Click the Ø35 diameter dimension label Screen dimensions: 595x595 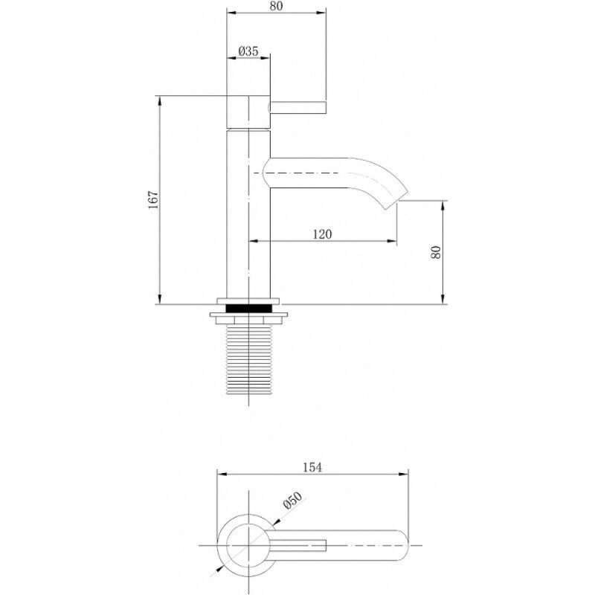coord(248,51)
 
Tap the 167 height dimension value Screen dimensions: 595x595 coord(153,200)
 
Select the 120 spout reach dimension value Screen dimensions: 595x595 coord(322,234)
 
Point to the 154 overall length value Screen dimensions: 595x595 coord(312,468)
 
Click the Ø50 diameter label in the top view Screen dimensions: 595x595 coord(292,501)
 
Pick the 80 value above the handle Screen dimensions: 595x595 coord(276,6)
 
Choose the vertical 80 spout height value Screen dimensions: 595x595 coord(436,252)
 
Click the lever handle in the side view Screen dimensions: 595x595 coord(298,107)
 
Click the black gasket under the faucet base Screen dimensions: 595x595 coord(248,308)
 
